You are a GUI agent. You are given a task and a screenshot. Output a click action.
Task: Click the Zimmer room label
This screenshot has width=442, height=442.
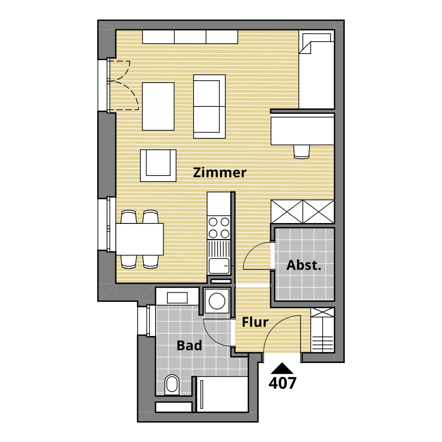pyautogui.click(x=220, y=173)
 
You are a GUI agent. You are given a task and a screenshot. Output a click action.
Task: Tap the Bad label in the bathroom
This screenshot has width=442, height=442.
pyautogui.click(x=189, y=345)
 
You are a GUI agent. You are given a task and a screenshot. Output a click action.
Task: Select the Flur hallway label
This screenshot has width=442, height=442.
pyautogui.click(x=255, y=322)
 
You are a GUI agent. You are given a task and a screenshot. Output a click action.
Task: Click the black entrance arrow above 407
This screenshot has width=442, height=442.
pyautogui.click(x=282, y=368)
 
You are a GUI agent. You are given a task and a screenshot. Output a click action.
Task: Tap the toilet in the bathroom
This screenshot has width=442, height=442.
pyautogui.click(x=171, y=384)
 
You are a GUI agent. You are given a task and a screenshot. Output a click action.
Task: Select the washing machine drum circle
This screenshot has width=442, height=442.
pyautogui.click(x=217, y=301)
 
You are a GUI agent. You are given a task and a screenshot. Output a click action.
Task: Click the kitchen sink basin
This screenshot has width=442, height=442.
pyautogui.click(x=219, y=266)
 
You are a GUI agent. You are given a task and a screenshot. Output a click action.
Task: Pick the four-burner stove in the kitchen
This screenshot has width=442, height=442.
pyautogui.click(x=219, y=228)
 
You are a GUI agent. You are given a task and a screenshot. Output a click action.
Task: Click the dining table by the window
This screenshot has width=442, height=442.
pyautogui.click(x=140, y=239)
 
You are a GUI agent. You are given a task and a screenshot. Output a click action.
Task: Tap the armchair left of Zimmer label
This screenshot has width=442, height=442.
pyautogui.click(x=158, y=165)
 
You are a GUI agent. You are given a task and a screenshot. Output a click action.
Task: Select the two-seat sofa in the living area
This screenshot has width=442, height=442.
pyautogui.click(x=209, y=106)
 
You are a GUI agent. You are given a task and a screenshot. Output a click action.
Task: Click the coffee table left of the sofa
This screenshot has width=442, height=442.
pyautogui.click(x=158, y=106)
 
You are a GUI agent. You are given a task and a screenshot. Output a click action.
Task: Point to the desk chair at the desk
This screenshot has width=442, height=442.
pyautogui.click(x=302, y=152)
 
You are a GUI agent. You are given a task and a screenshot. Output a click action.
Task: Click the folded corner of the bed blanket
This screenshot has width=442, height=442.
pyautogui.click(x=305, y=47)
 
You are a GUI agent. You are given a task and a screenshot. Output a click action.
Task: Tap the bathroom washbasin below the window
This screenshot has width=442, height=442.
pyautogui.click(x=177, y=298)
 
